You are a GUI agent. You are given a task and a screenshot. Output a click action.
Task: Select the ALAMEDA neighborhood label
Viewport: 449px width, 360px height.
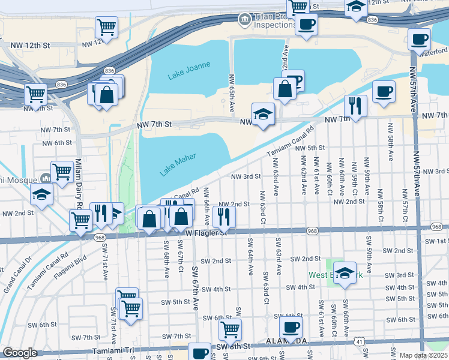pos(286,341)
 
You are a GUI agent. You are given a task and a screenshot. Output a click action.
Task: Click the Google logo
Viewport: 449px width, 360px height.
pos(20,353)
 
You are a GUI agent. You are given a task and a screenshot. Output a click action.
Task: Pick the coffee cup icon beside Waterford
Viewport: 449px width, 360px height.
pos(418,40)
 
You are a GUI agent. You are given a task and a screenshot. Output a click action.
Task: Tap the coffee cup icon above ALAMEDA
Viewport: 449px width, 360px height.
pos(291,328)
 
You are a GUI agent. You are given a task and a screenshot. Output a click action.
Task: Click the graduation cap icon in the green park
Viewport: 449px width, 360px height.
pos(344,272)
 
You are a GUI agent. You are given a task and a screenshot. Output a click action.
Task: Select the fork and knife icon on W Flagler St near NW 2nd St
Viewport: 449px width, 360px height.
pos(224,217)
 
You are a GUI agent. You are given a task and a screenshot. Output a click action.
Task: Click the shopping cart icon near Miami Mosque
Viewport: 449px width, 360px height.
pos(62,172)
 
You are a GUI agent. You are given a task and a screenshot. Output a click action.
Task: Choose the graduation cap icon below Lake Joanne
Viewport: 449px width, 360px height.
pos(262,114)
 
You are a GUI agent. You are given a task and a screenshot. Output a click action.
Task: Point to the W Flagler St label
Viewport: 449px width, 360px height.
pos(206,232)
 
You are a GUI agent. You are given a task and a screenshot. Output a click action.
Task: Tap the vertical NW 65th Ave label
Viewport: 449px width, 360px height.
pos(232,93)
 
